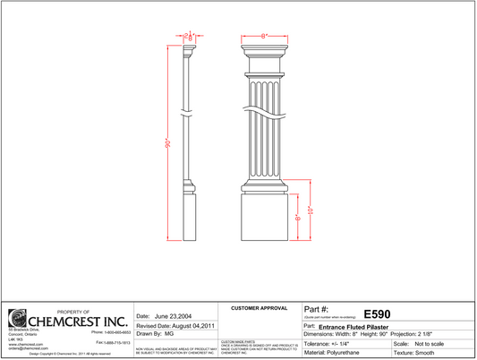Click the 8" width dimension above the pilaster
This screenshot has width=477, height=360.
(265, 36)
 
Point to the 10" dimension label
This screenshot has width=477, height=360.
(310, 210)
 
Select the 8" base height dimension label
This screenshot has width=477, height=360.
(296, 218)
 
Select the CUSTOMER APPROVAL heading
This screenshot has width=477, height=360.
(259, 307)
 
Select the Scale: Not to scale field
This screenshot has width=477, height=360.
(425, 344)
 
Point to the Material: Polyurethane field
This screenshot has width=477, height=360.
(337, 353)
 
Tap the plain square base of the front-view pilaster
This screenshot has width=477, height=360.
(265, 219)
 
